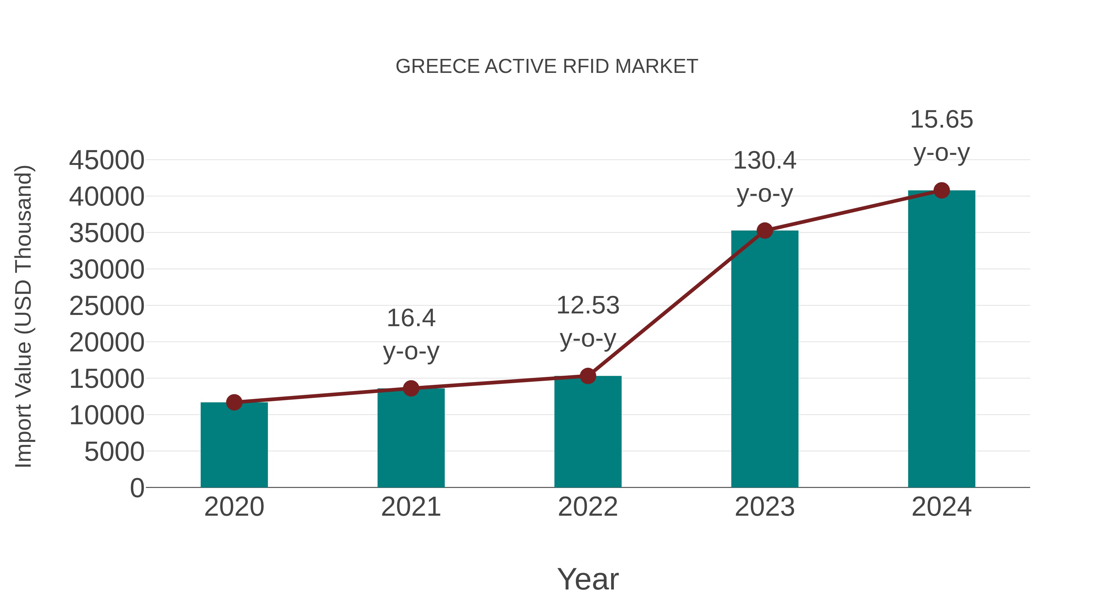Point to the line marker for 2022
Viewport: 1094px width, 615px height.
pyautogui.click(x=588, y=376)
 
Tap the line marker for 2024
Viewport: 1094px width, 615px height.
pyautogui.click(x=941, y=190)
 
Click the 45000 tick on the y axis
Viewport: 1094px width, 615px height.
pyautogui.click(x=107, y=160)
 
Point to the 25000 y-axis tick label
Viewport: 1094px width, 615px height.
pyautogui.click(x=107, y=306)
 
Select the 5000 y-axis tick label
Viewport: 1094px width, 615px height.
pyautogui.click(x=114, y=452)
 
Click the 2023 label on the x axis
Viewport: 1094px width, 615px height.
pyautogui.click(x=765, y=507)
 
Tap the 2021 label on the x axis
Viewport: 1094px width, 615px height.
pyautogui.click(x=411, y=507)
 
